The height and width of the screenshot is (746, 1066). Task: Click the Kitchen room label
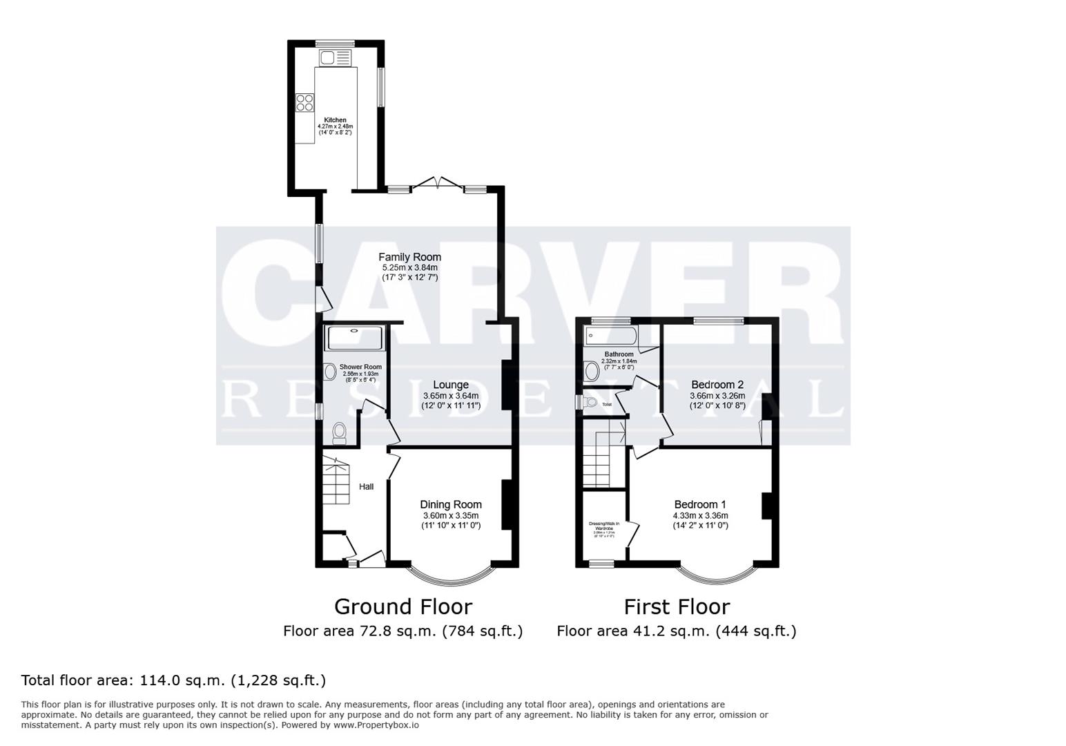(x=335, y=120)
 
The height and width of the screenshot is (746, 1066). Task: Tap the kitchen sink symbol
(x=334, y=58)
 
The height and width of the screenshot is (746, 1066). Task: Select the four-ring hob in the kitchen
(x=304, y=102)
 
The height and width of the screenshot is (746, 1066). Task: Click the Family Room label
(x=409, y=257)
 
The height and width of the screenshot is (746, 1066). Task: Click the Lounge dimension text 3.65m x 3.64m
(x=450, y=396)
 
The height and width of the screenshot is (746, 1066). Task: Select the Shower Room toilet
(x=339, y=433)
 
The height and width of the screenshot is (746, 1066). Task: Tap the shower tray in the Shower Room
(x=353, y=338)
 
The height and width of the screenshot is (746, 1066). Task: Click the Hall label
(x=366, y=487)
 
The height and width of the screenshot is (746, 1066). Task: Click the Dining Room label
(x=451, y=504)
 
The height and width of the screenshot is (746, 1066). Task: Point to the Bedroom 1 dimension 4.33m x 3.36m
(x=700, y=515)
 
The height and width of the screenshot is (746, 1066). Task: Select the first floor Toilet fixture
(x=590, y=403)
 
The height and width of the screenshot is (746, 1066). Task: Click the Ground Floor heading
(x=403, y=606)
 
